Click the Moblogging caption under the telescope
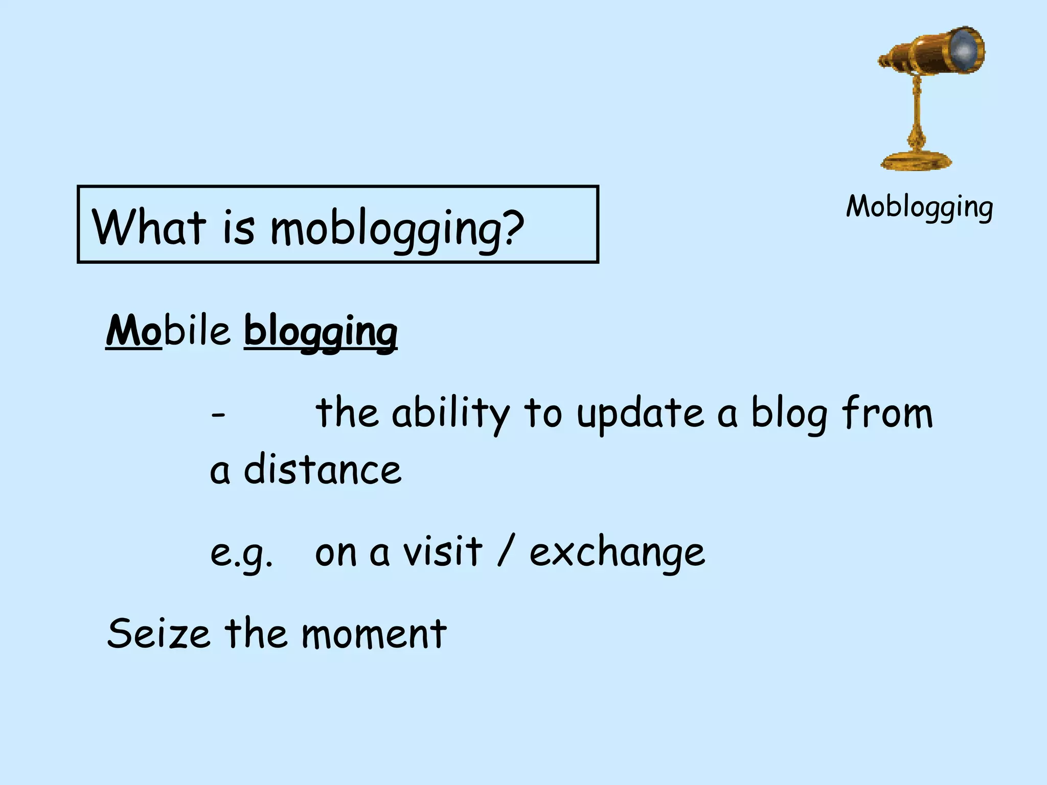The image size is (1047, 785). (x=919, y=207)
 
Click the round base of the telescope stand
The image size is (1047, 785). (x=916, y=161)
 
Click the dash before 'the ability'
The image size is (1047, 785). (x=218, y=415)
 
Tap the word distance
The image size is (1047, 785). (x=323, y=470)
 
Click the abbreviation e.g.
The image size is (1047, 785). (x=241, y=554)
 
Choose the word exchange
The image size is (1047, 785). (x=617, y=553)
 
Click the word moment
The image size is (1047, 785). (x=374, y=634)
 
